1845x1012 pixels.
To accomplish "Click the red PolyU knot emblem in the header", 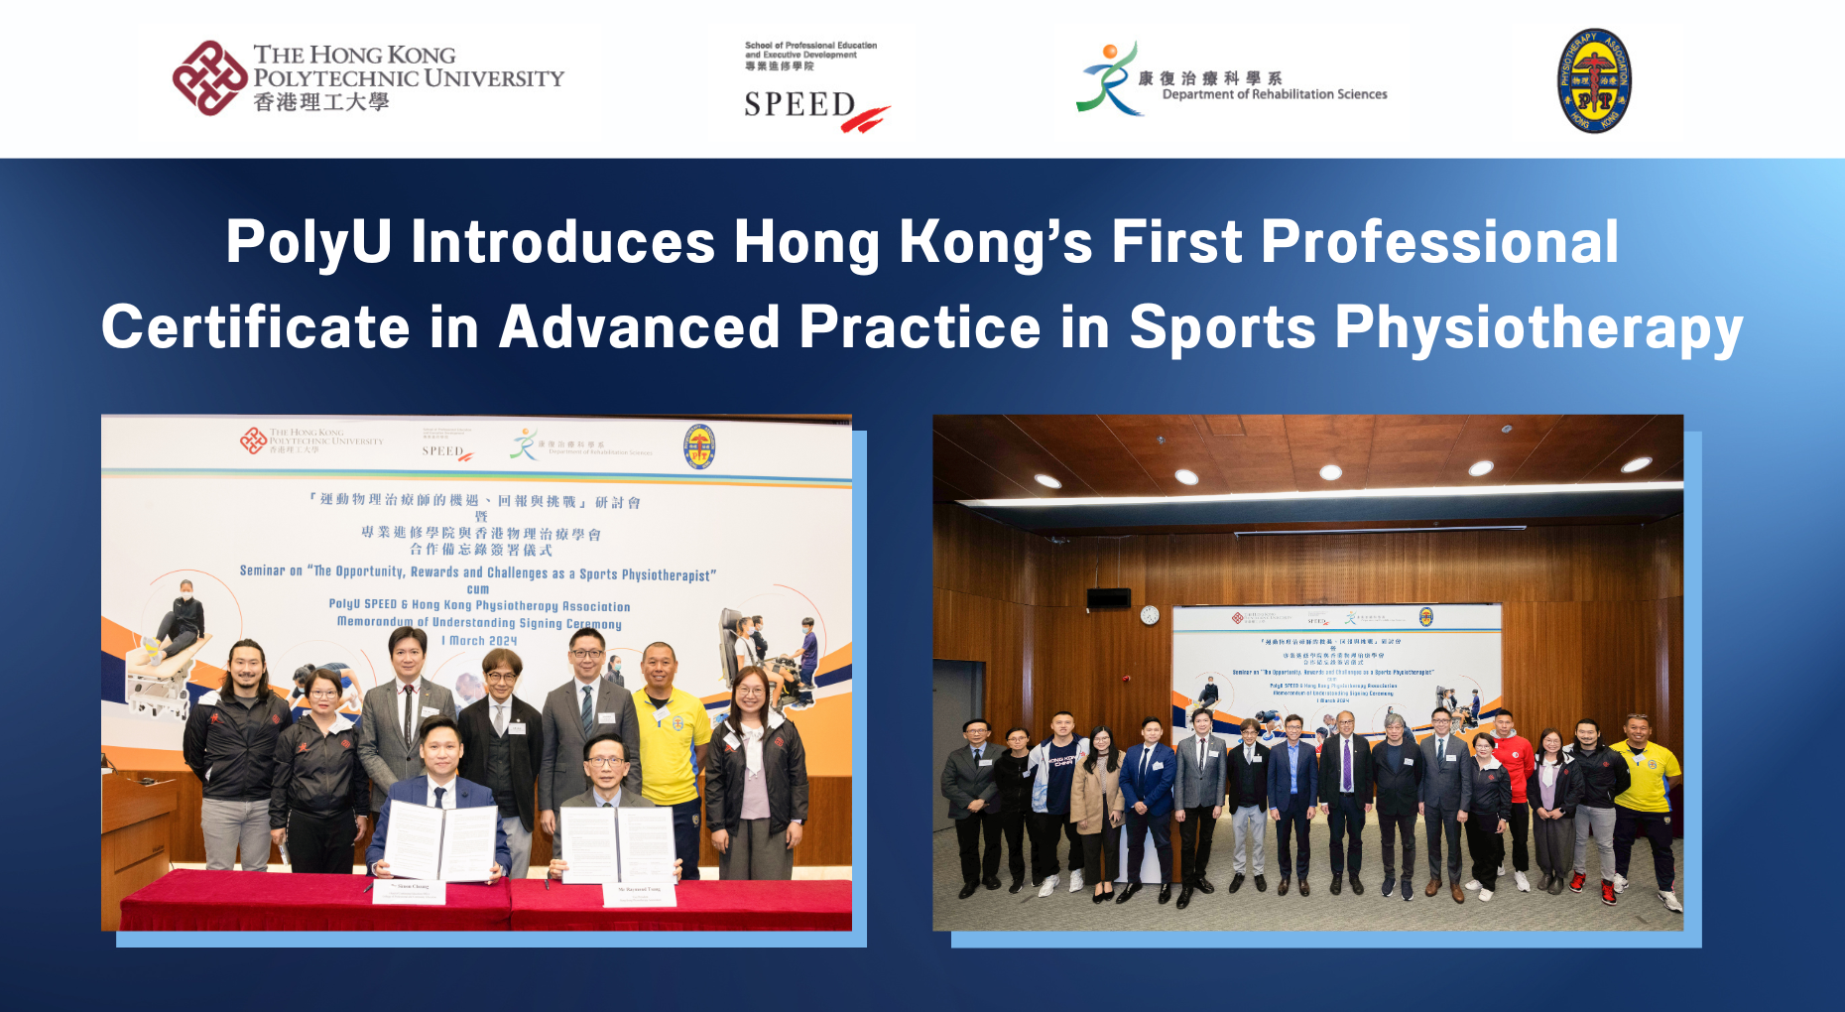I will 209,77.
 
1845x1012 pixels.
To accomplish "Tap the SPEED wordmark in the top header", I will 799,104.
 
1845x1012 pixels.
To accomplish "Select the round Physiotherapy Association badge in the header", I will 1594,80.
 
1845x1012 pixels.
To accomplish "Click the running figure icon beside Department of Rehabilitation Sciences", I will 1108,79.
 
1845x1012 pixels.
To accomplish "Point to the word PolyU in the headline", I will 308,241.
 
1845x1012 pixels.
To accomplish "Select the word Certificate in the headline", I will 256,327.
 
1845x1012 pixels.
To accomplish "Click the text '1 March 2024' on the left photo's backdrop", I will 479,641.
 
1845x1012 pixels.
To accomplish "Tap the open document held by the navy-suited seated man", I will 440,839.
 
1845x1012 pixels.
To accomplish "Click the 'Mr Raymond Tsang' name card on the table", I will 639,892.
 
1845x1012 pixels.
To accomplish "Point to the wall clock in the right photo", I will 1150,615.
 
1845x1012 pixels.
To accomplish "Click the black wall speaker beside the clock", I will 1108,598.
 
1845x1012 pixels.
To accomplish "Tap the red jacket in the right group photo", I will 1514,764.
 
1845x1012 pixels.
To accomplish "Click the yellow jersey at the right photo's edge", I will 1648,774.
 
